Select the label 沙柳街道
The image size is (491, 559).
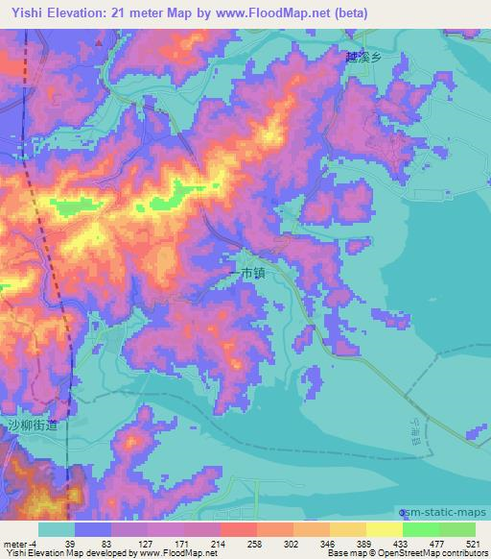(34, 425)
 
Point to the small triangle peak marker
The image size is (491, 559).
(99, 42)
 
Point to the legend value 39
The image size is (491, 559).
(70, 543)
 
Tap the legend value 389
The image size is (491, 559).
(352, 543)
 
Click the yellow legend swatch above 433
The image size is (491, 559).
(384, 529)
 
